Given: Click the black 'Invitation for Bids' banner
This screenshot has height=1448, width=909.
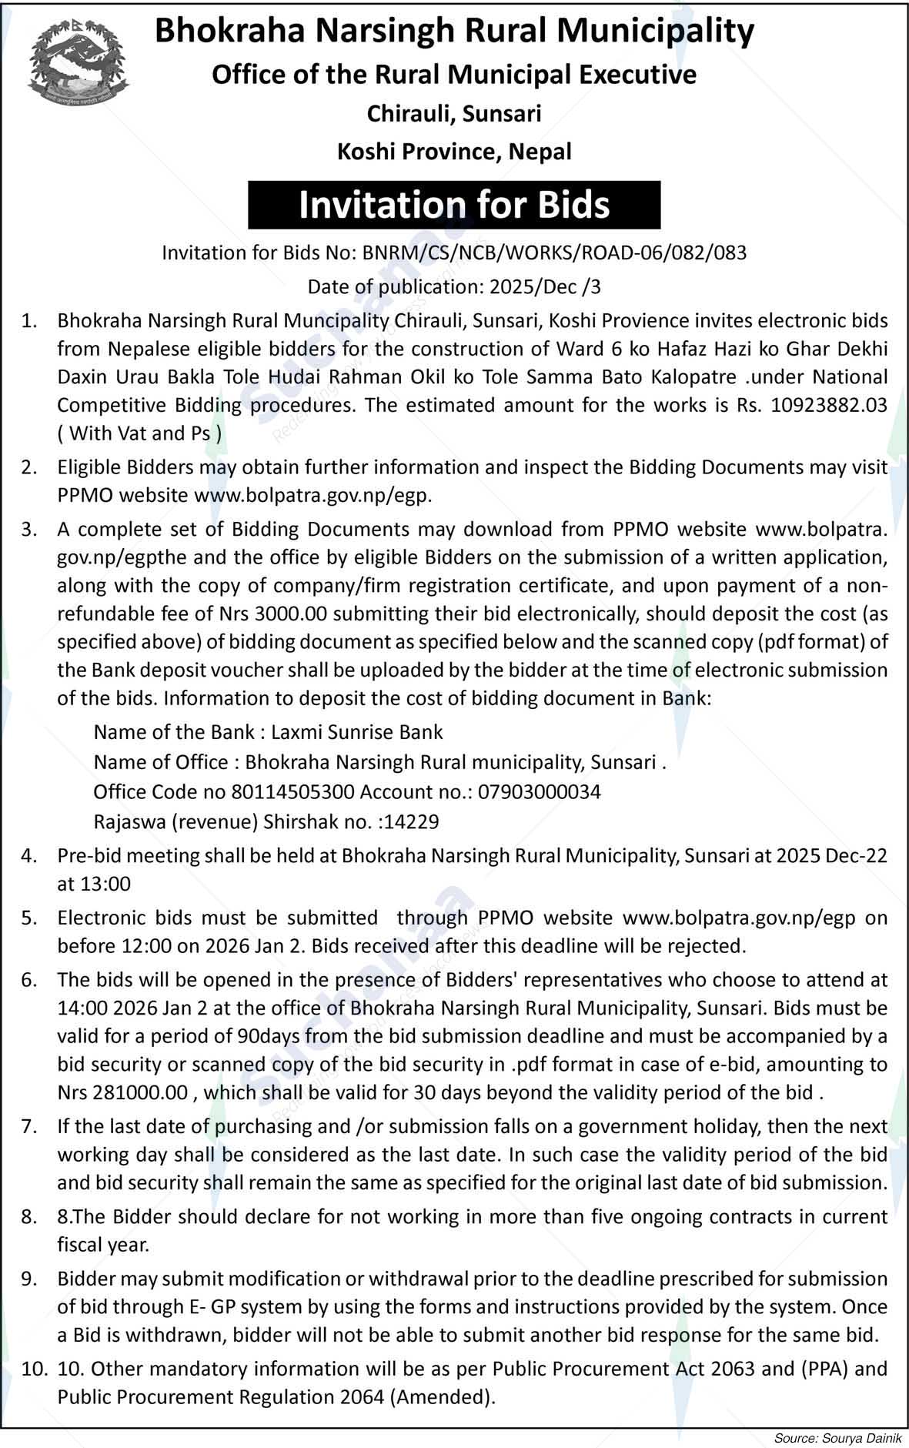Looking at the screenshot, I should [454, 205].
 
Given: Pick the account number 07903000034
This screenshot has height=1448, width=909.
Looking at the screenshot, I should [539, 791].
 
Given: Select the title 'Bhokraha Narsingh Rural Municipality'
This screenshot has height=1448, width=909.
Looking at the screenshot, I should [454, 31].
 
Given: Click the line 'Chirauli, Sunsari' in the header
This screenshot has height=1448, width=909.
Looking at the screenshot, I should [454, 114].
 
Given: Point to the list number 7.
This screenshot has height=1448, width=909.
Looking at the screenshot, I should [29, 1126].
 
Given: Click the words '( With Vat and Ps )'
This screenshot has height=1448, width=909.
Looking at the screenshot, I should [139, 433].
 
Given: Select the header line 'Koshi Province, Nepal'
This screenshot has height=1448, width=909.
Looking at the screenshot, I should [454, 152].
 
